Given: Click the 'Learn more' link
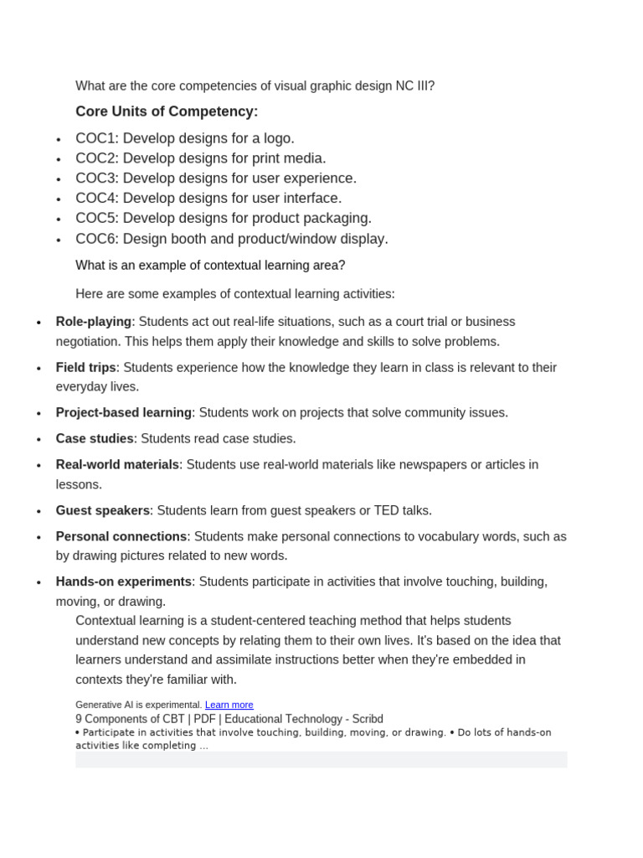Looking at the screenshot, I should coord(229,705).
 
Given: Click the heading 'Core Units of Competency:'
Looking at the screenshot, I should coord(167,111).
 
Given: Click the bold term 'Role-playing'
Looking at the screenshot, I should coord(94,322).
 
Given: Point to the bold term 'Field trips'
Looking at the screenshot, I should coord(85,367).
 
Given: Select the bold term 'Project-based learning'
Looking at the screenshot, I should coord(124,412).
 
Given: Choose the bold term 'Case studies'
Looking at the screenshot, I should coord(95,438).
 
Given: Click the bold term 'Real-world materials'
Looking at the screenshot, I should coord(117,464).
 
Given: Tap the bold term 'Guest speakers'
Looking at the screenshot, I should coord(103,510).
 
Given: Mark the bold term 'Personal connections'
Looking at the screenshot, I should coord(121,536).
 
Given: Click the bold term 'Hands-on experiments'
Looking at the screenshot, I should coord(124,581).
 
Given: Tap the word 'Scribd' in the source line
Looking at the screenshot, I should coord(366,719).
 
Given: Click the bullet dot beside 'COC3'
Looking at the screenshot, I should coord(59,179).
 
